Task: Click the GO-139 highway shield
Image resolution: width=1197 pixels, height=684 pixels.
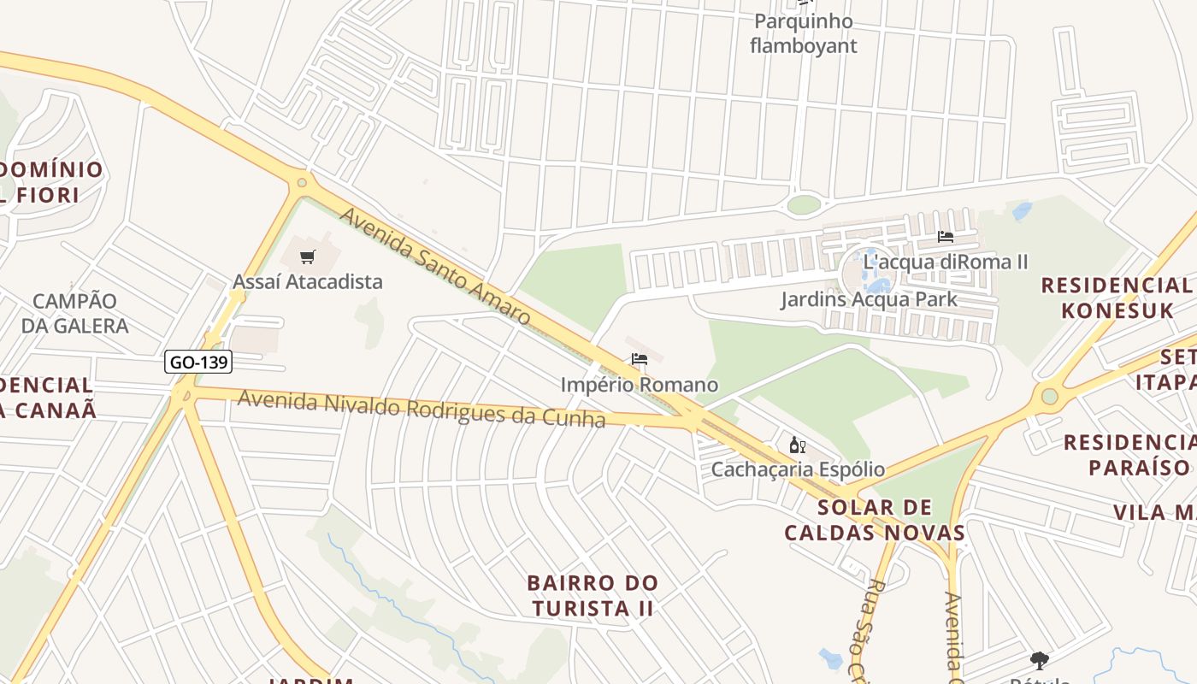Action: point(198,362)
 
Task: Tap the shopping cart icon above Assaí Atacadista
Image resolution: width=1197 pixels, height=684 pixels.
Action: point(308,256)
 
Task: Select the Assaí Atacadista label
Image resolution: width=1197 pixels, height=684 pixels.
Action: point(308,281)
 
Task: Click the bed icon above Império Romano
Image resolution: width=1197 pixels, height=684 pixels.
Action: point(639,359)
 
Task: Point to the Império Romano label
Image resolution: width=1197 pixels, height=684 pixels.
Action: point(639,385)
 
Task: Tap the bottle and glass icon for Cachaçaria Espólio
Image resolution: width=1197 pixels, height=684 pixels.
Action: point(797,445)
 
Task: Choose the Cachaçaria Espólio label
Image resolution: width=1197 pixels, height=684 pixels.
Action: point(798,469)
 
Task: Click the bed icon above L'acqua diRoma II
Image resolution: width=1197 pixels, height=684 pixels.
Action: point(945,237)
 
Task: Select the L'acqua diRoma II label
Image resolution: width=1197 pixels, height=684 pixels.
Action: point(945,262)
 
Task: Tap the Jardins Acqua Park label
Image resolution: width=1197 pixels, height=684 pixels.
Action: point(869,299)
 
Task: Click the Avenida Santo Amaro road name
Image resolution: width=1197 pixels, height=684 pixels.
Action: point(435,266)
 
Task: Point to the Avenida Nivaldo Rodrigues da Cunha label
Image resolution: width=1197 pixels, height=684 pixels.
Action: point(422,409)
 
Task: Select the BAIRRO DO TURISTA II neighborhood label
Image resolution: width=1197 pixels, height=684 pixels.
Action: point(593,596)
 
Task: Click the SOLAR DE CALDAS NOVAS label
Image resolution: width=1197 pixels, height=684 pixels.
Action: point(875,520)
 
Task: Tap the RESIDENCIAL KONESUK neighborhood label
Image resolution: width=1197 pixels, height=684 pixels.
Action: point(1117,298)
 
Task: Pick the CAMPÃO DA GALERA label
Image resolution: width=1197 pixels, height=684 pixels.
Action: point(74,313)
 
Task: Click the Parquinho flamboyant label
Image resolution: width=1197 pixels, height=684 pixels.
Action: point(803,33)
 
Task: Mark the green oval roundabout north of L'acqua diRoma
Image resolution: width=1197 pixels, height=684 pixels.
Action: point(803,204)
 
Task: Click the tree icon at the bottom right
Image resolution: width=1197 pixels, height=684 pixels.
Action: point(1040,660)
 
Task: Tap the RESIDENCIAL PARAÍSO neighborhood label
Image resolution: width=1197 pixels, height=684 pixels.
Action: point(1129,455)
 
